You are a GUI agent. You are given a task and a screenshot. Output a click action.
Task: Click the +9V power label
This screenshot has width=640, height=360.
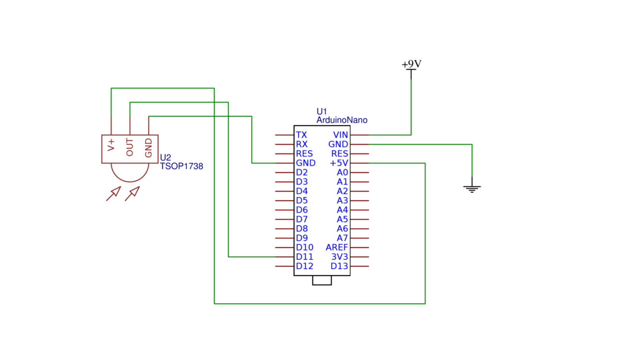[411, 64]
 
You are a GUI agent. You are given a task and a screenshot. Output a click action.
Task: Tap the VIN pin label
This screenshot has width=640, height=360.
[340, 135]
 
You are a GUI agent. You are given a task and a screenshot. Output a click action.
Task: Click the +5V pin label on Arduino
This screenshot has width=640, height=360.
[339, 163]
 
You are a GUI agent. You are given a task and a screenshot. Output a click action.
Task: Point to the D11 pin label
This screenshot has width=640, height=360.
[305, 257]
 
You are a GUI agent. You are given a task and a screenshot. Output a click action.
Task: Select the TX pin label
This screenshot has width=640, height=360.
[301, 135]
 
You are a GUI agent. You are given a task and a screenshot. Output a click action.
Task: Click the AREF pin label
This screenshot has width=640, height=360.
[337, 247]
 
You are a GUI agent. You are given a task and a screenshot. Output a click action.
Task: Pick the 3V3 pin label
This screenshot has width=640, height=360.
[340, 257]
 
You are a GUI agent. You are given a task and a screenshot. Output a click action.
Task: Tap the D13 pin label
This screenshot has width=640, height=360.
[339, 266]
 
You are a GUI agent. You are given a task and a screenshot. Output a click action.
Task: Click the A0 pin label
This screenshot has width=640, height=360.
[342, 172]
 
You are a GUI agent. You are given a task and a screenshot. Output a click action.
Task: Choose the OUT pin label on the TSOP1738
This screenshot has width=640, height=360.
[130, 147]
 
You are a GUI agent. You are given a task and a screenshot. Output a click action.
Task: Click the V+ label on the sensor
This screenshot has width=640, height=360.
[111, 145]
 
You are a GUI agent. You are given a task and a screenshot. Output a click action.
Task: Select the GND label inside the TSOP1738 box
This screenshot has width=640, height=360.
[148, 148]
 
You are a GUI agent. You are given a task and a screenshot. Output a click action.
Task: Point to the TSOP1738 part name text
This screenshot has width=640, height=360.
[181, 166]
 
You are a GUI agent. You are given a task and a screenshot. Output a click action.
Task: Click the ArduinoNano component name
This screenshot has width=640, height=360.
[342, 120]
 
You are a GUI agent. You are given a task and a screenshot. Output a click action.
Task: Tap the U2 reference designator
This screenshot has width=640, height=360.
[165, 157]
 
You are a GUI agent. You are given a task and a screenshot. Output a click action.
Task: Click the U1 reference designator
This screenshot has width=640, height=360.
[322, 111]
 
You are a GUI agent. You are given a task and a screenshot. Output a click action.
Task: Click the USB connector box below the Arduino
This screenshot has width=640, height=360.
[322, 280]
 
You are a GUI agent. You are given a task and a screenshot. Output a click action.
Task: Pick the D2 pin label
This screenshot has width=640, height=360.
[302, 172]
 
